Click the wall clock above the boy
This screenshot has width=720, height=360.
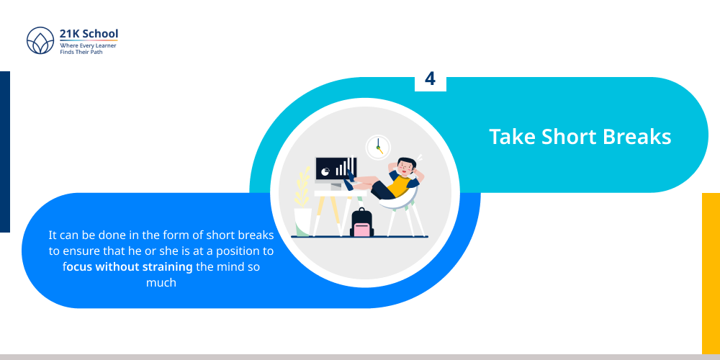tap(377, 147)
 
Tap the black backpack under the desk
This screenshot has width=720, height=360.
tap(361, 222)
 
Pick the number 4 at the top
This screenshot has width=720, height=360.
tap(430, 79)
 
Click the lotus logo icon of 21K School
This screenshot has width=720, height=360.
tap(40, 40)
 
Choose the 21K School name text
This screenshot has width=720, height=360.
tap(89, 34)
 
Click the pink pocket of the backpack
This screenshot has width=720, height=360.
tap(361, 230)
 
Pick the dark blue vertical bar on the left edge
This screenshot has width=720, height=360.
tap(5, 151)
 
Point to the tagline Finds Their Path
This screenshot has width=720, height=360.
tap(81, 52)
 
